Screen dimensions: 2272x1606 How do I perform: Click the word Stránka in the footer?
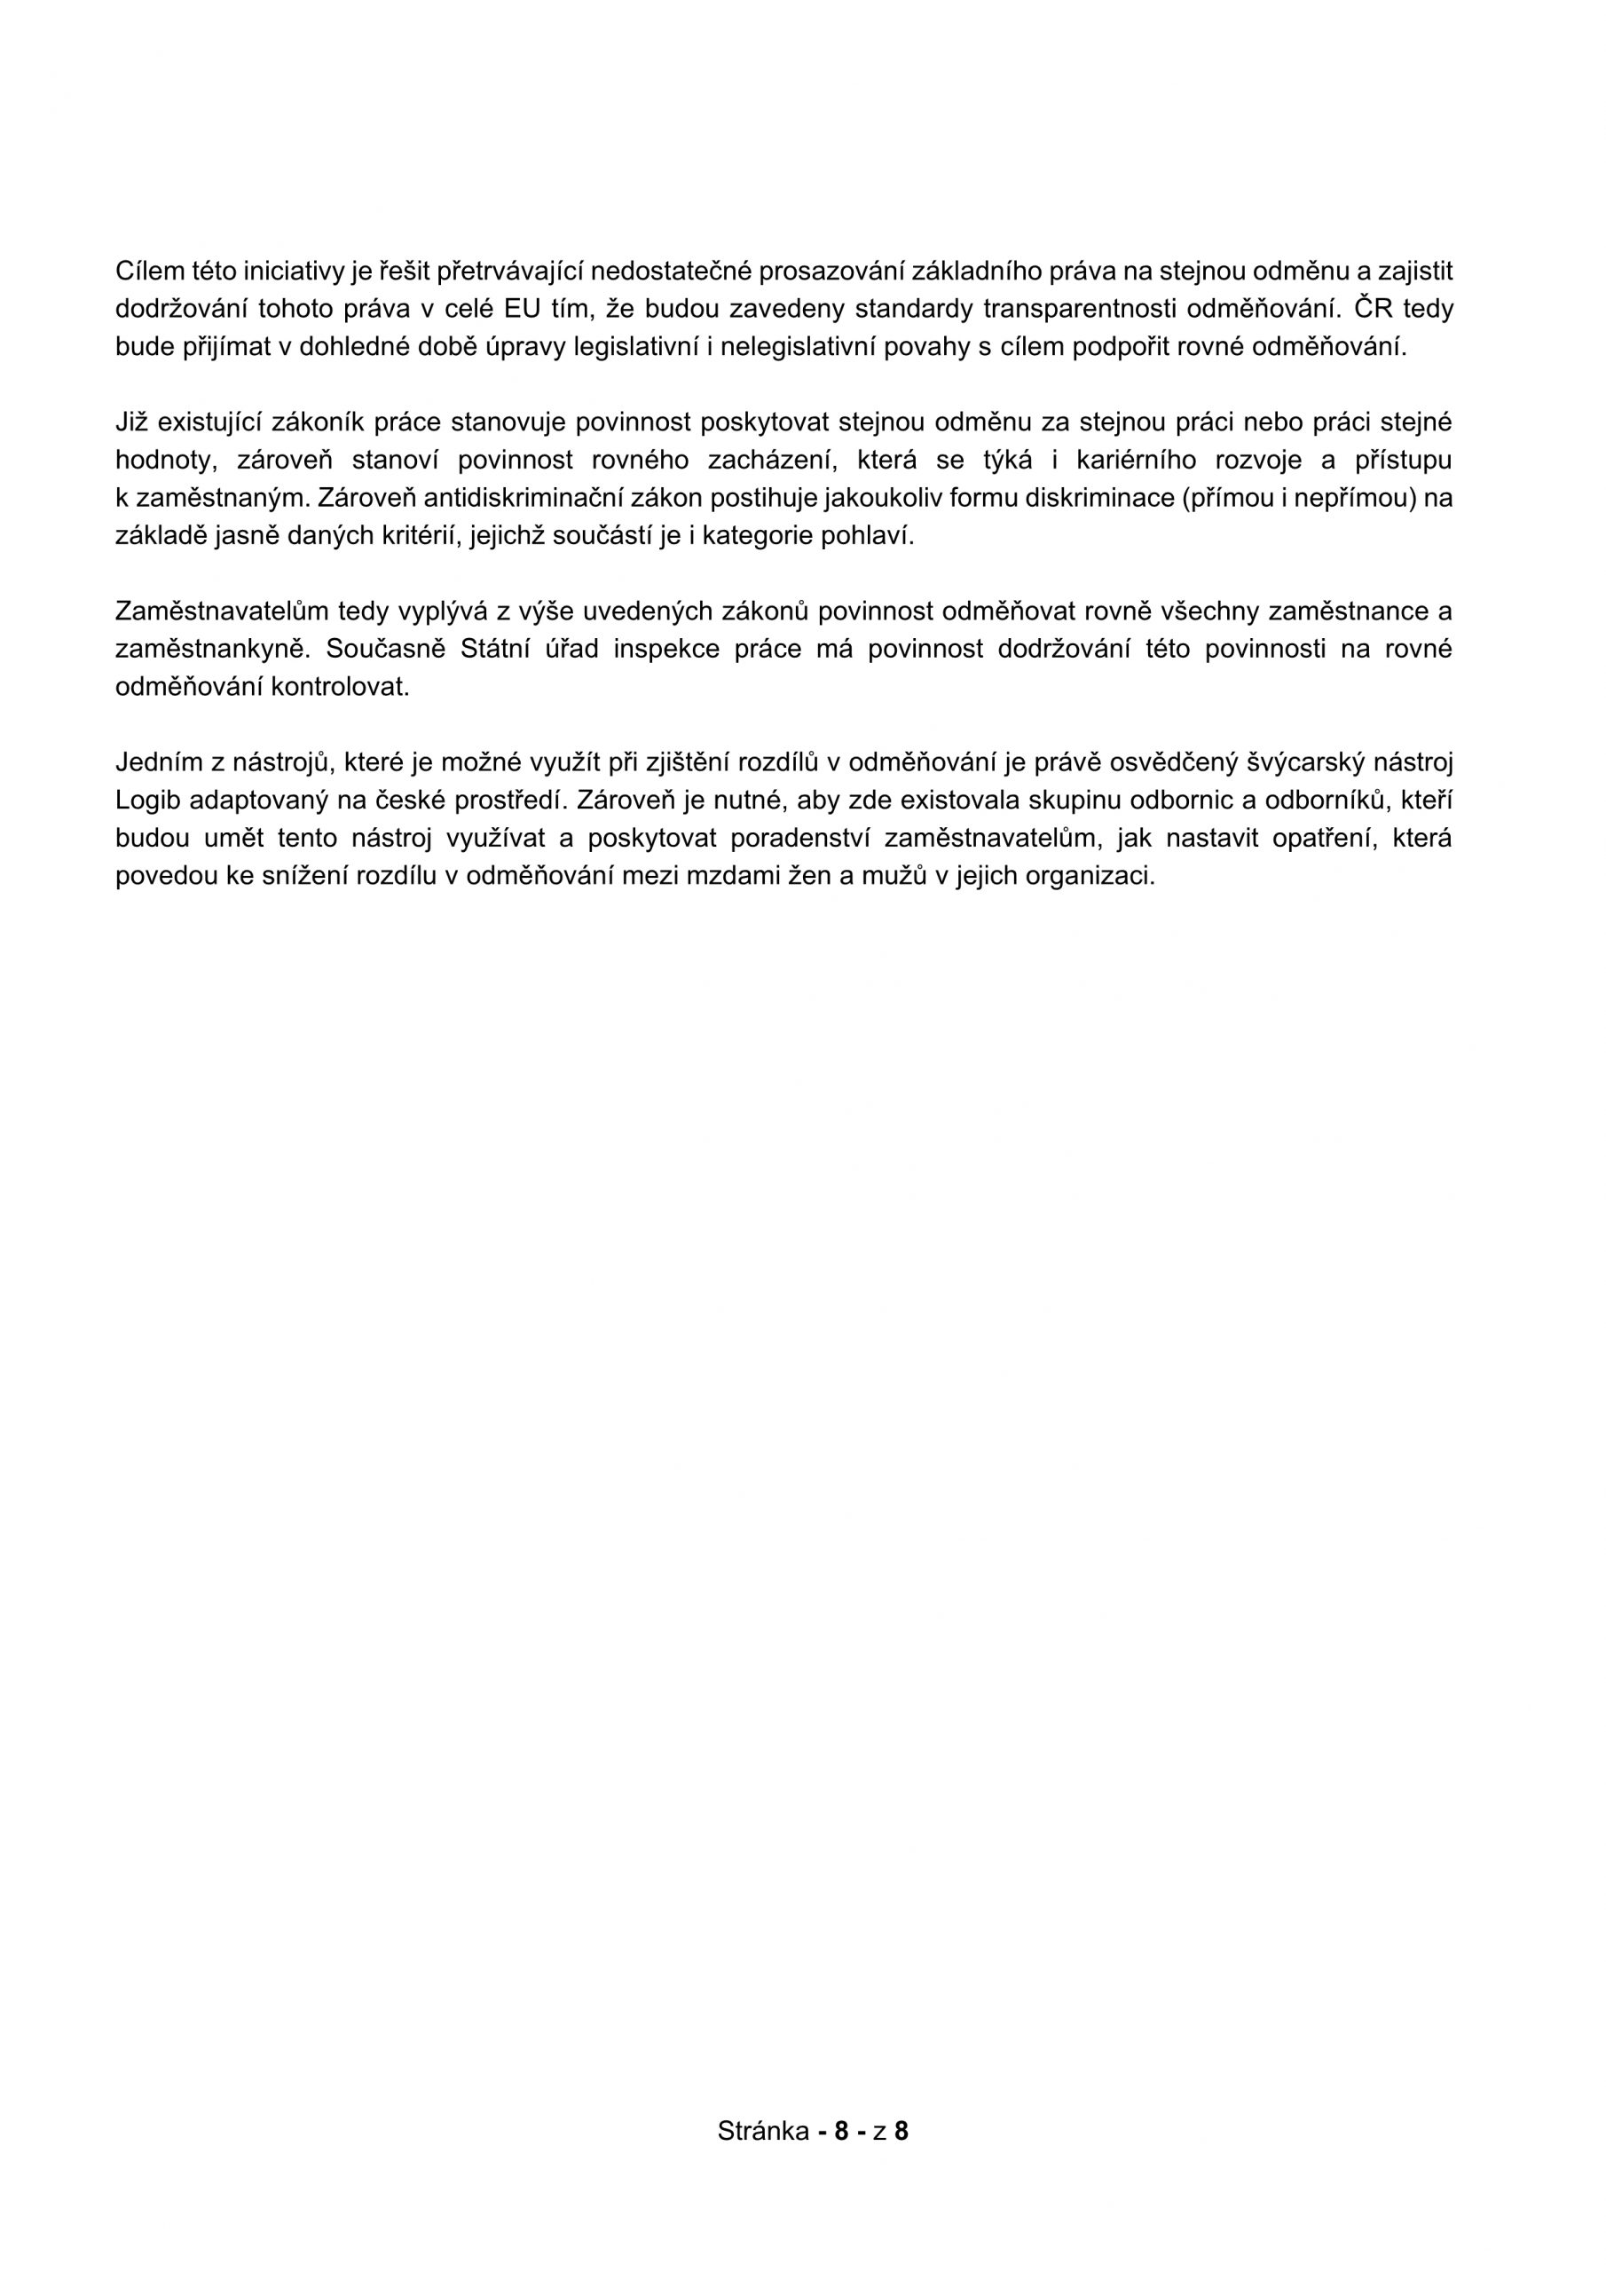click(x=763, y=2131)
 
